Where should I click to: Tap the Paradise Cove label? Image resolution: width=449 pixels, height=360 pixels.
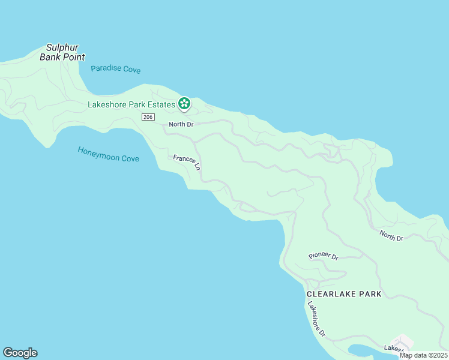(116, 69)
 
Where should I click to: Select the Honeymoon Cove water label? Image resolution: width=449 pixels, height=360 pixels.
(109, 154)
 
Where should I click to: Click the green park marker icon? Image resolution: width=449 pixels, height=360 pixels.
(184, 104)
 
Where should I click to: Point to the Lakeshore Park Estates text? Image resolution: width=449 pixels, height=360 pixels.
(131, 104)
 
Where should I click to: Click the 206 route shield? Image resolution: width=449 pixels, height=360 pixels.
(148, 117)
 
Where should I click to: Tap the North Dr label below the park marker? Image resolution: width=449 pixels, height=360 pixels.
(181, 124)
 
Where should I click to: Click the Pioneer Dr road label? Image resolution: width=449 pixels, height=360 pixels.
(324, 256)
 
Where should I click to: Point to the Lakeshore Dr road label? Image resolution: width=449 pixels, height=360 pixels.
(316, 319)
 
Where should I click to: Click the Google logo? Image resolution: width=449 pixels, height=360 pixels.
(20, 353)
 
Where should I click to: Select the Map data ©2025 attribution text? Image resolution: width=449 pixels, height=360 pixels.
(423, 355)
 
